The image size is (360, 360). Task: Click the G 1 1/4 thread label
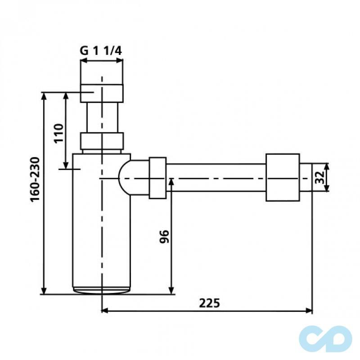click(101, 51)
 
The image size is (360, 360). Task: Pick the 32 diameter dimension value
click(319, 177)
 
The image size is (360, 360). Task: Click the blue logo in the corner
click(326, 337)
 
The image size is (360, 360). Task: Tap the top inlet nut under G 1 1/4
click(102, 92)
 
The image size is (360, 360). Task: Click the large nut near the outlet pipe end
click(283, 178)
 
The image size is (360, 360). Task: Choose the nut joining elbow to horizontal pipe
click(157, 178)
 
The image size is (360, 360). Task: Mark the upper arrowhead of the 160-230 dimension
click(44, 96)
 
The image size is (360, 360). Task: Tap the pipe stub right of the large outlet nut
click(306, 178)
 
